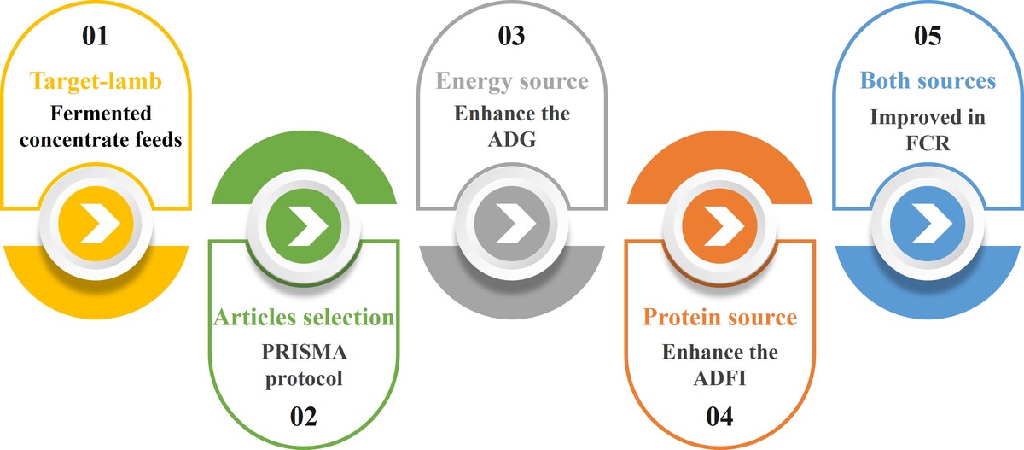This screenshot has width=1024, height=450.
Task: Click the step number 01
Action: click(95, 36)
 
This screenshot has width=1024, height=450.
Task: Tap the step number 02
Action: click(304, 417)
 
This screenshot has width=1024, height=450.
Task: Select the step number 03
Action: click(511, 36)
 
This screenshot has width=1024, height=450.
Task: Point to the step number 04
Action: click(719, 417)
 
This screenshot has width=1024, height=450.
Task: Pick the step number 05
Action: click(928, 36)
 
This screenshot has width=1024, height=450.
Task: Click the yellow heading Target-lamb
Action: click(96, 81)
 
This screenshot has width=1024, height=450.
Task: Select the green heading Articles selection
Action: click(304, 317)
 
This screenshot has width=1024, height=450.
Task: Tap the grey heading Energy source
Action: click(512, 81)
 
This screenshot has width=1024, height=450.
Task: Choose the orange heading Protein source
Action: click(720, 317)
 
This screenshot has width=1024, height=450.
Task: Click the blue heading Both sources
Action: click(928, 80)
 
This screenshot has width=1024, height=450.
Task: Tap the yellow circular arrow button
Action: click(96, 224)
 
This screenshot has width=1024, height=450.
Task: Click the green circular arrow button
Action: click(304, 226)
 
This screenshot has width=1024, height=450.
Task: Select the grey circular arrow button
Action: click(512, 224)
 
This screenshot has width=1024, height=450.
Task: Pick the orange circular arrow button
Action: click(720, 226)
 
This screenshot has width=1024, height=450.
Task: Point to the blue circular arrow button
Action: click(928, 224)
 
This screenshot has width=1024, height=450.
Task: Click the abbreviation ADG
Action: click(512, 139)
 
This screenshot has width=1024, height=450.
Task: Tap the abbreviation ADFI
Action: click(720, 378)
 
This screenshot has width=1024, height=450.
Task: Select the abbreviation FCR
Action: click(928, 143)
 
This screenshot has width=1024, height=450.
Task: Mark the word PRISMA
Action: click(304, 352)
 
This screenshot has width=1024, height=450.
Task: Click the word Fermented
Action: click(101, 114)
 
